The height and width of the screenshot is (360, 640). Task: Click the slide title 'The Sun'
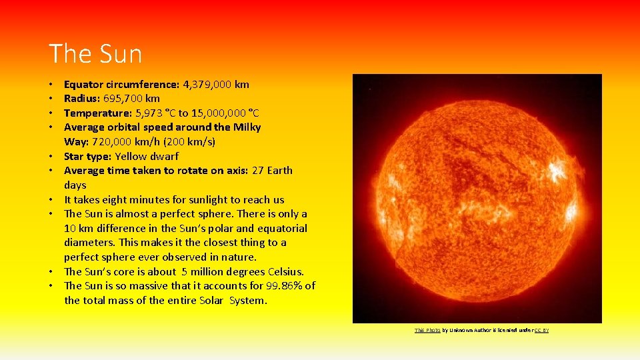[95, 54]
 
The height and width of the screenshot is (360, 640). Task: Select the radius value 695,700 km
[131, 99]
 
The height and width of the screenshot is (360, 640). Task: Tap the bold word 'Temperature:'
[97, 113]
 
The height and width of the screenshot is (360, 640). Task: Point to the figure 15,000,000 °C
[227, 113]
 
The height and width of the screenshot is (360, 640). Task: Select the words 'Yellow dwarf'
[147, 157]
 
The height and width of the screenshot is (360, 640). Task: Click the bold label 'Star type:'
[87, 157]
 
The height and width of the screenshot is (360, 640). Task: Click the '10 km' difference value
[79, 229]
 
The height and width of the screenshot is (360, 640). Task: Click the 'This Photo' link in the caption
[427, 331]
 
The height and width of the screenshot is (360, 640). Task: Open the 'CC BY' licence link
[541, 331]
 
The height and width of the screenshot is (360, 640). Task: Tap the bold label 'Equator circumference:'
[121, 85]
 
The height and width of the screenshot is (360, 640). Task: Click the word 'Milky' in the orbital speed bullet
[247, 127]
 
